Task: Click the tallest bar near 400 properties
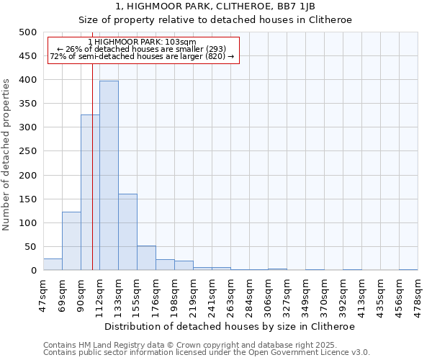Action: click(x=109, y=176)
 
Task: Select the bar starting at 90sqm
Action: click(x=90, y=192)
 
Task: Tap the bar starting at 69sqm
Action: click(x=71, y=241)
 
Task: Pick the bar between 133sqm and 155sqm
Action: click(x=127, y=232)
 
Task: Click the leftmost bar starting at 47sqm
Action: click(x=53, y=264)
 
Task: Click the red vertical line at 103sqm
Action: click(x=93, y=180)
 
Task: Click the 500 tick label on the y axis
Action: click(x=27, y=32)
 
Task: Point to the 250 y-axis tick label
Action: click(x=27, y=152)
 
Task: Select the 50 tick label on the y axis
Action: click(x=30, y=247)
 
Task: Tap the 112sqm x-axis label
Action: click(x=100, y=293)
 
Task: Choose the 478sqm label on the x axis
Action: click(x=418, y=293)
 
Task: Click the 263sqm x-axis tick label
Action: click(x=231, y=293)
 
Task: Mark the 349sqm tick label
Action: click(x=306, y=293)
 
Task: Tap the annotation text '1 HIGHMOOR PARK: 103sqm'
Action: click(x=141, y=42)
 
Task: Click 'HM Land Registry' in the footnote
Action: click(x=109, y=345)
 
